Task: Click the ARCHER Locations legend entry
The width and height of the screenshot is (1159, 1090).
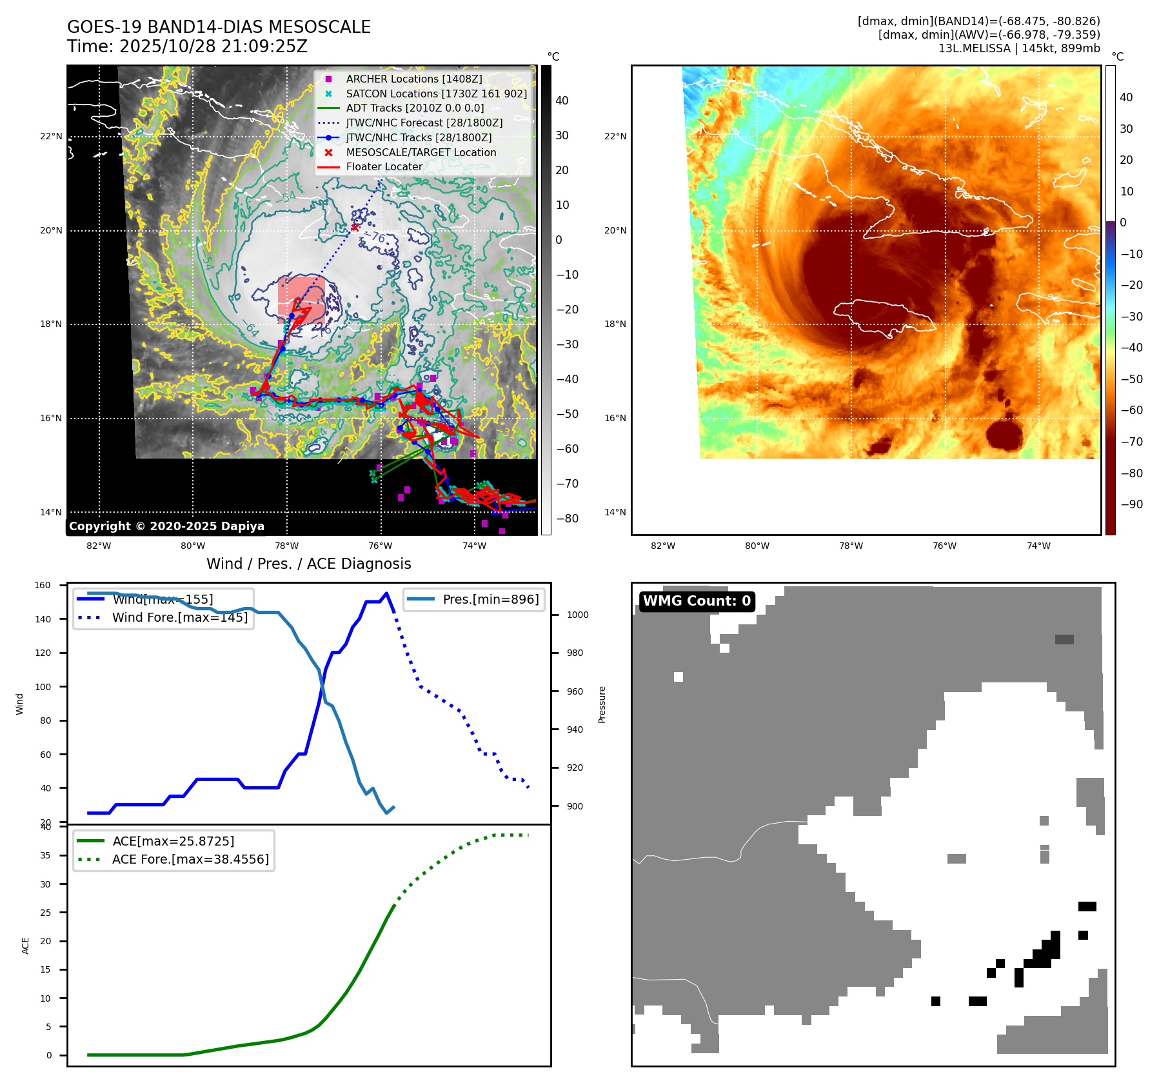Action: tap(413, 79)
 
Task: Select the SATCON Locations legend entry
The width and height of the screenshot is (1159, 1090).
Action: tap(436, 94)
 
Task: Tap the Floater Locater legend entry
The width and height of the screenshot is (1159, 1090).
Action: tap(384, 166)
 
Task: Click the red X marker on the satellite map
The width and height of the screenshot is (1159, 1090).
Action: tap(355, 228)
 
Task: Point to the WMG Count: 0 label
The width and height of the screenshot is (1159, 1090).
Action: tap(697, 601)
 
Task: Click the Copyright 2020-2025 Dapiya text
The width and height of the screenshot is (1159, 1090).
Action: tap(166, 526)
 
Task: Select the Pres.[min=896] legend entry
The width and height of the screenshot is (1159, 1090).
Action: tap(490, 599)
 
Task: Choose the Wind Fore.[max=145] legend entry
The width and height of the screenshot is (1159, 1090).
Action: tap(179, 617)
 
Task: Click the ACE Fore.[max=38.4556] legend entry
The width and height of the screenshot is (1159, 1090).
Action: tap(190, 859)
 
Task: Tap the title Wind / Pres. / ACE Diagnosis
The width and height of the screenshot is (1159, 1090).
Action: tap(308, 564)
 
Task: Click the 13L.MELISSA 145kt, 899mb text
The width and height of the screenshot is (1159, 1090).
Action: tap(1018, 48)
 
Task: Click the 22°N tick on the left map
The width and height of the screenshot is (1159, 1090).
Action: tap(51, 137)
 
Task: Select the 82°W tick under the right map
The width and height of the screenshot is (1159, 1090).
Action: tap(663, 546)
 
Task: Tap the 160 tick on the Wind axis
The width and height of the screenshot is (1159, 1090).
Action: tap(43, 585)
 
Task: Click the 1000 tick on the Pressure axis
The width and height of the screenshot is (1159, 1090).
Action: tap(577, 615)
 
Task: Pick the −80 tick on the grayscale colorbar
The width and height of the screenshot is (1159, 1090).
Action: tap(568, 518)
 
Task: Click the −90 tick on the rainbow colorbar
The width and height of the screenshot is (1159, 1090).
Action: tap(1132, 504)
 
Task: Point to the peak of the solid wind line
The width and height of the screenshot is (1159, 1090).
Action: tap(386, 593)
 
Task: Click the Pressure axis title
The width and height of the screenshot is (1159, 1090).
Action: tap(602, 704)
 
